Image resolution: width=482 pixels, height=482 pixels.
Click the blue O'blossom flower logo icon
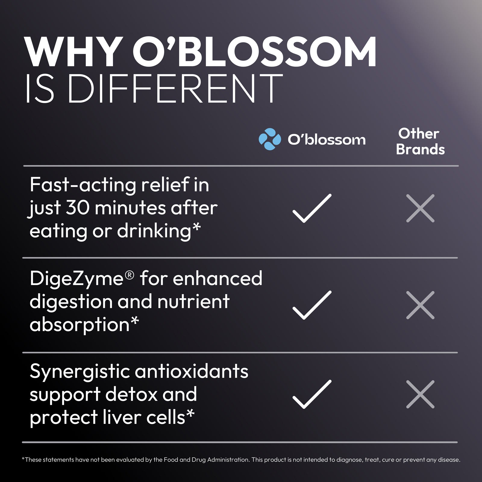[x=270, y=139]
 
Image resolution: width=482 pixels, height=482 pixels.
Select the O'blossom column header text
[x=327, y=139]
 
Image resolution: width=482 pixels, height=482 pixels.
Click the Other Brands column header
[x=420, y=142]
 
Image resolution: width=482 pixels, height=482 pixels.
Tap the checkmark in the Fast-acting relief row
[x=312, y=208]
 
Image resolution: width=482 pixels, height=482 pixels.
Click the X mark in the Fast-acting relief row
[x=420, y=208]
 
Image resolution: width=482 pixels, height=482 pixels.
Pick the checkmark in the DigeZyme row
[x=312, y=305]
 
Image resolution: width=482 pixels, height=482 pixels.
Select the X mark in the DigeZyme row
[x=420, y=305]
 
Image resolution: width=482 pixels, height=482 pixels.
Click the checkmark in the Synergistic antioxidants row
[x=312, y=394]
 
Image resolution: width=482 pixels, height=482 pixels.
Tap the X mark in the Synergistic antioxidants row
[x=420, y=394]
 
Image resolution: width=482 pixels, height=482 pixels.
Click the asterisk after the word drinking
[x=196, y=228]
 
